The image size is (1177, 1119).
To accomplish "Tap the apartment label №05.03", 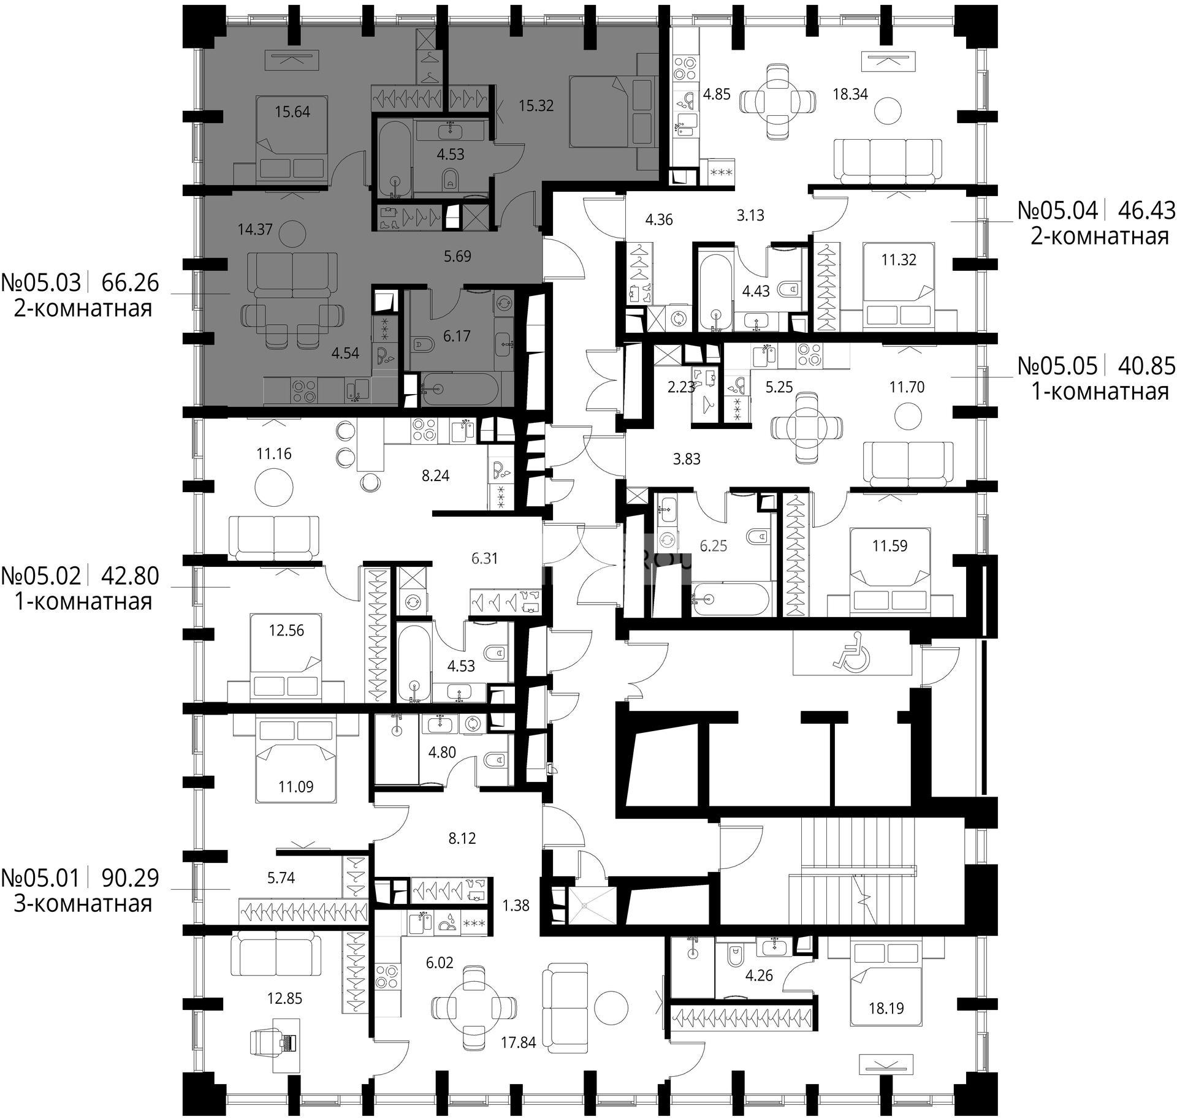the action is pyautogui.click(x=41, y=283).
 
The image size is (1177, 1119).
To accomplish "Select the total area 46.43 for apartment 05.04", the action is pyautogui.click(x=1147, y=211).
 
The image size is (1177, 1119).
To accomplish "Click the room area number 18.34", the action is pyautogui.click(x=850, y=94).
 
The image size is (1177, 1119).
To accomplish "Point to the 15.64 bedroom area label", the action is pyautogui.click(x=292, y=112).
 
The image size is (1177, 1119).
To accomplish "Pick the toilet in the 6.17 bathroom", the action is pyautogui.click(x=424, y=345).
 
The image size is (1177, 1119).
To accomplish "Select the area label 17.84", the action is pyautogui.click(x=518, y=1042).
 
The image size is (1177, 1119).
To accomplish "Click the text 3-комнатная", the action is pyautogui.click(x=83, y=903).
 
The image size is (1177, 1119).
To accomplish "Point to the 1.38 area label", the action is pyautogui.click(x=516, y=905).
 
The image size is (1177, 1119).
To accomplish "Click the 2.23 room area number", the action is pyautogui.click(x=681, y=387).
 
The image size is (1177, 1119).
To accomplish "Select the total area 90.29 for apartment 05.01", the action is pyautogui.click(x=130, y=878).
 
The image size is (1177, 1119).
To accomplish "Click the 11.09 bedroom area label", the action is pyautogui.click(x=296, y=786).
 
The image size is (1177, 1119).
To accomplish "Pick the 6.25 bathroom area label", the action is pyautogui.click(x=714, y=545).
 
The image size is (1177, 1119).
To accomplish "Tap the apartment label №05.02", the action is pyautogui.click(x=41, y=576).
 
